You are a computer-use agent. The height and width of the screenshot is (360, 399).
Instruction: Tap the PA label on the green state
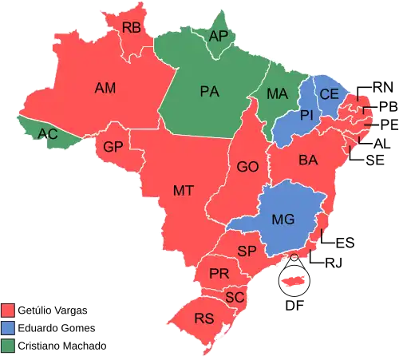coord(209,91)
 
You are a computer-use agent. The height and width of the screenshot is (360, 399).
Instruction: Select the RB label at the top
coord(132,27)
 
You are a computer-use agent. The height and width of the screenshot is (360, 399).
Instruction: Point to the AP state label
coord(217,36)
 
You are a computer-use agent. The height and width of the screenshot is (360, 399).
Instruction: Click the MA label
coord(277,93)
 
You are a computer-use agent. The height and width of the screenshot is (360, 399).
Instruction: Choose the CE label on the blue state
coord(329,94)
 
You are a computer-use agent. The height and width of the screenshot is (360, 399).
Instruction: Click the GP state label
coord(113,147)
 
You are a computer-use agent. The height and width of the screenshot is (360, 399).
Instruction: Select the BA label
coord(308,160)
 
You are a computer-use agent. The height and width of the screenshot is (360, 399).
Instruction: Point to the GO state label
coord(247,168)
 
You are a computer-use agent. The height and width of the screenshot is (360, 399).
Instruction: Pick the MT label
coord(184,190)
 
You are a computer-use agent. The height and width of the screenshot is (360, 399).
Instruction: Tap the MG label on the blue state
coord(282,219)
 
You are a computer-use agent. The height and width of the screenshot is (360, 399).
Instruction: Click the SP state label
coord(247,251)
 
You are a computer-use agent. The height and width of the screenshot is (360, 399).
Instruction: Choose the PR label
coord(219,274)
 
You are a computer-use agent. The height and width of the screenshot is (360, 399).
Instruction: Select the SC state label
coord(235,297)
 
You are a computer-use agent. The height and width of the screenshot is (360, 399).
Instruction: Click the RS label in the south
coord(204,319)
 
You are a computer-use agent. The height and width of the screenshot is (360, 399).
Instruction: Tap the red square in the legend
coord(8,309)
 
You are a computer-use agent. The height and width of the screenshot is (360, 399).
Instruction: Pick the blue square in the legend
coord(8,327)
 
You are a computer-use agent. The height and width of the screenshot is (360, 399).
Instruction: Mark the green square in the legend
coord(8,345)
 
